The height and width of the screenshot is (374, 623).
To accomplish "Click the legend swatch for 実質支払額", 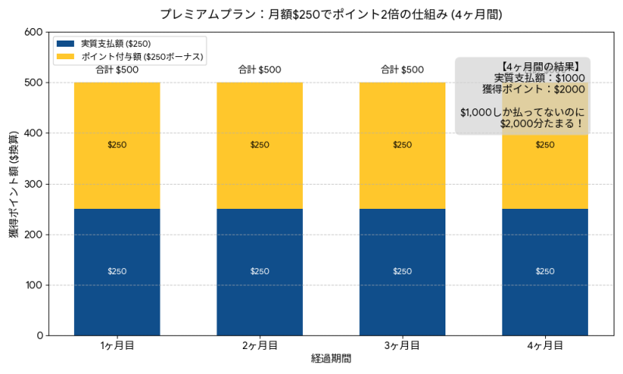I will click(x=65, y=44).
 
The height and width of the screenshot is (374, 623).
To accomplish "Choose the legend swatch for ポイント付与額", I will click(x=65, y=57).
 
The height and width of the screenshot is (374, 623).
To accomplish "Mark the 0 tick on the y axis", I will click(x=39, y=336).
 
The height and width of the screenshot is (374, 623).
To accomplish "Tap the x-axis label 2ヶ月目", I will click(x=259, y=346).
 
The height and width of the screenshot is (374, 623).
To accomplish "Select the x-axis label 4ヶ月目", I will click(x=544, y=346).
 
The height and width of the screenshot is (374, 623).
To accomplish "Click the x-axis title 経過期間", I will click(x=331, y=359).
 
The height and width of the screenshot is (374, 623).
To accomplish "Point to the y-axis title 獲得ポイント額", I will click(x=14, y=184).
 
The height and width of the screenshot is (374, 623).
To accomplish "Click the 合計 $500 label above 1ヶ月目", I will click(x=117, y=70).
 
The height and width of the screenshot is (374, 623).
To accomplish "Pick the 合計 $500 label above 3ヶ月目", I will click(x=402, y=70).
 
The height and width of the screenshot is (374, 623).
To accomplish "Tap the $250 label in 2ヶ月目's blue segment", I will click(x=259, y=271).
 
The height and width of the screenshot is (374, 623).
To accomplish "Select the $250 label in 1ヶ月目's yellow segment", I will click(x=117, y=145).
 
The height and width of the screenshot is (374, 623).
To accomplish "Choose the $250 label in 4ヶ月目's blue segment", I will click(x=544, y=271).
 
